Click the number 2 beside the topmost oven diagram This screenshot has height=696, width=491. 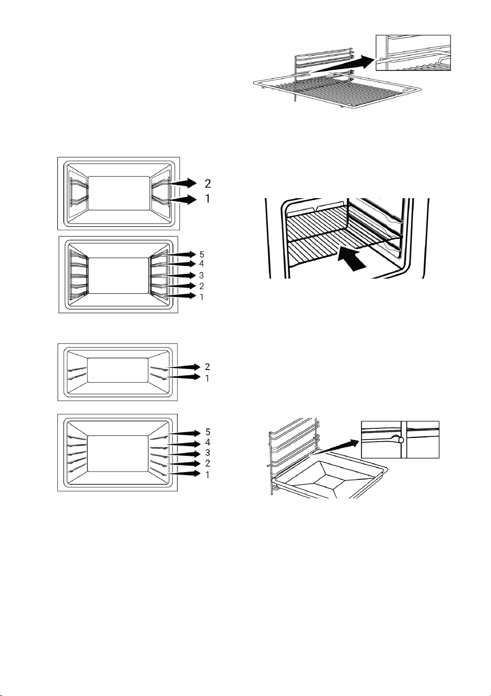(208, 183)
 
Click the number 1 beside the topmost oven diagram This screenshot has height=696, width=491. (208, 199)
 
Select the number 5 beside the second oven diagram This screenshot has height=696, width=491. (202, 254)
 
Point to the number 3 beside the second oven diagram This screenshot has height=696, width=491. (202, 275)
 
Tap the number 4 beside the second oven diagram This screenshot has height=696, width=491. (202, 264)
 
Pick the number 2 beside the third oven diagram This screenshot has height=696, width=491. (207, 367)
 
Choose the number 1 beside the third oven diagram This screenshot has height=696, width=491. (207, 378)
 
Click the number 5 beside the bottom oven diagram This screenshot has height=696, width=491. (207, 432)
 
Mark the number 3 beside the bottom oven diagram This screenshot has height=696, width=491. (207, 453)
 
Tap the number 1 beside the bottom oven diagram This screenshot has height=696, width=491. (207, 475)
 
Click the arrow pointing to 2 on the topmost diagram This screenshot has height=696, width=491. (184, 183)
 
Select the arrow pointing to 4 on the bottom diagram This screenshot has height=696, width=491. (184, 444)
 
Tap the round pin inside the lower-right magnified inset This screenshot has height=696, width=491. (401, 440)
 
